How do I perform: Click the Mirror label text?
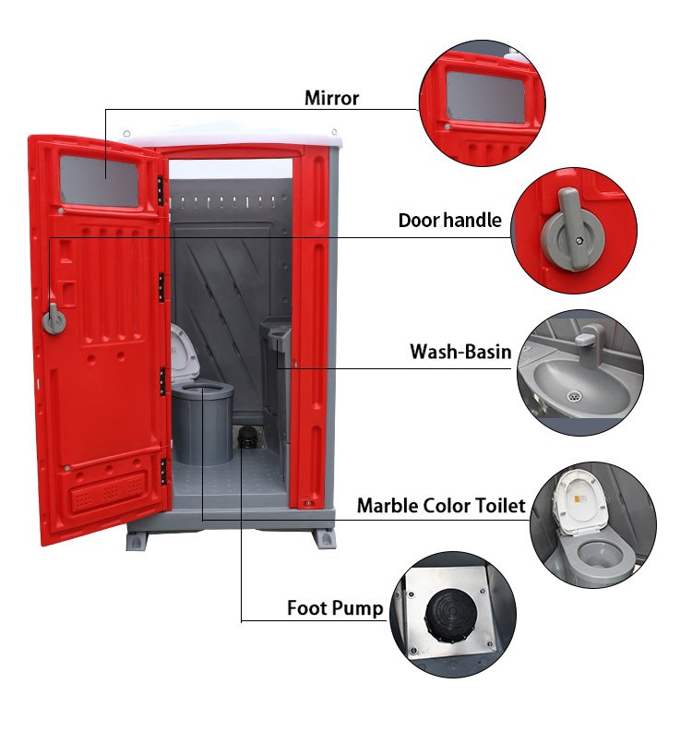tap(331, 98)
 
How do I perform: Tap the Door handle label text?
tap(450, 220)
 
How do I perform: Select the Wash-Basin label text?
tap(460, 352)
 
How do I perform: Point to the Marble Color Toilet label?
tap(441, 506)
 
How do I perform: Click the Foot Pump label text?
tap(335, 608)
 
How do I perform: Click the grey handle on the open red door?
tap(54, 319)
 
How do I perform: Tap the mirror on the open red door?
tap(100, 181)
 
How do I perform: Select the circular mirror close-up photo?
tap(482, 103)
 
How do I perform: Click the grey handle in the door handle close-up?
tap(574, 230)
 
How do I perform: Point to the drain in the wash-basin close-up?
tap(575, 397)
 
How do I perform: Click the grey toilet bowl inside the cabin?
tap(202, 423)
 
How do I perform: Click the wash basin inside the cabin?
tap(276, 330)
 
